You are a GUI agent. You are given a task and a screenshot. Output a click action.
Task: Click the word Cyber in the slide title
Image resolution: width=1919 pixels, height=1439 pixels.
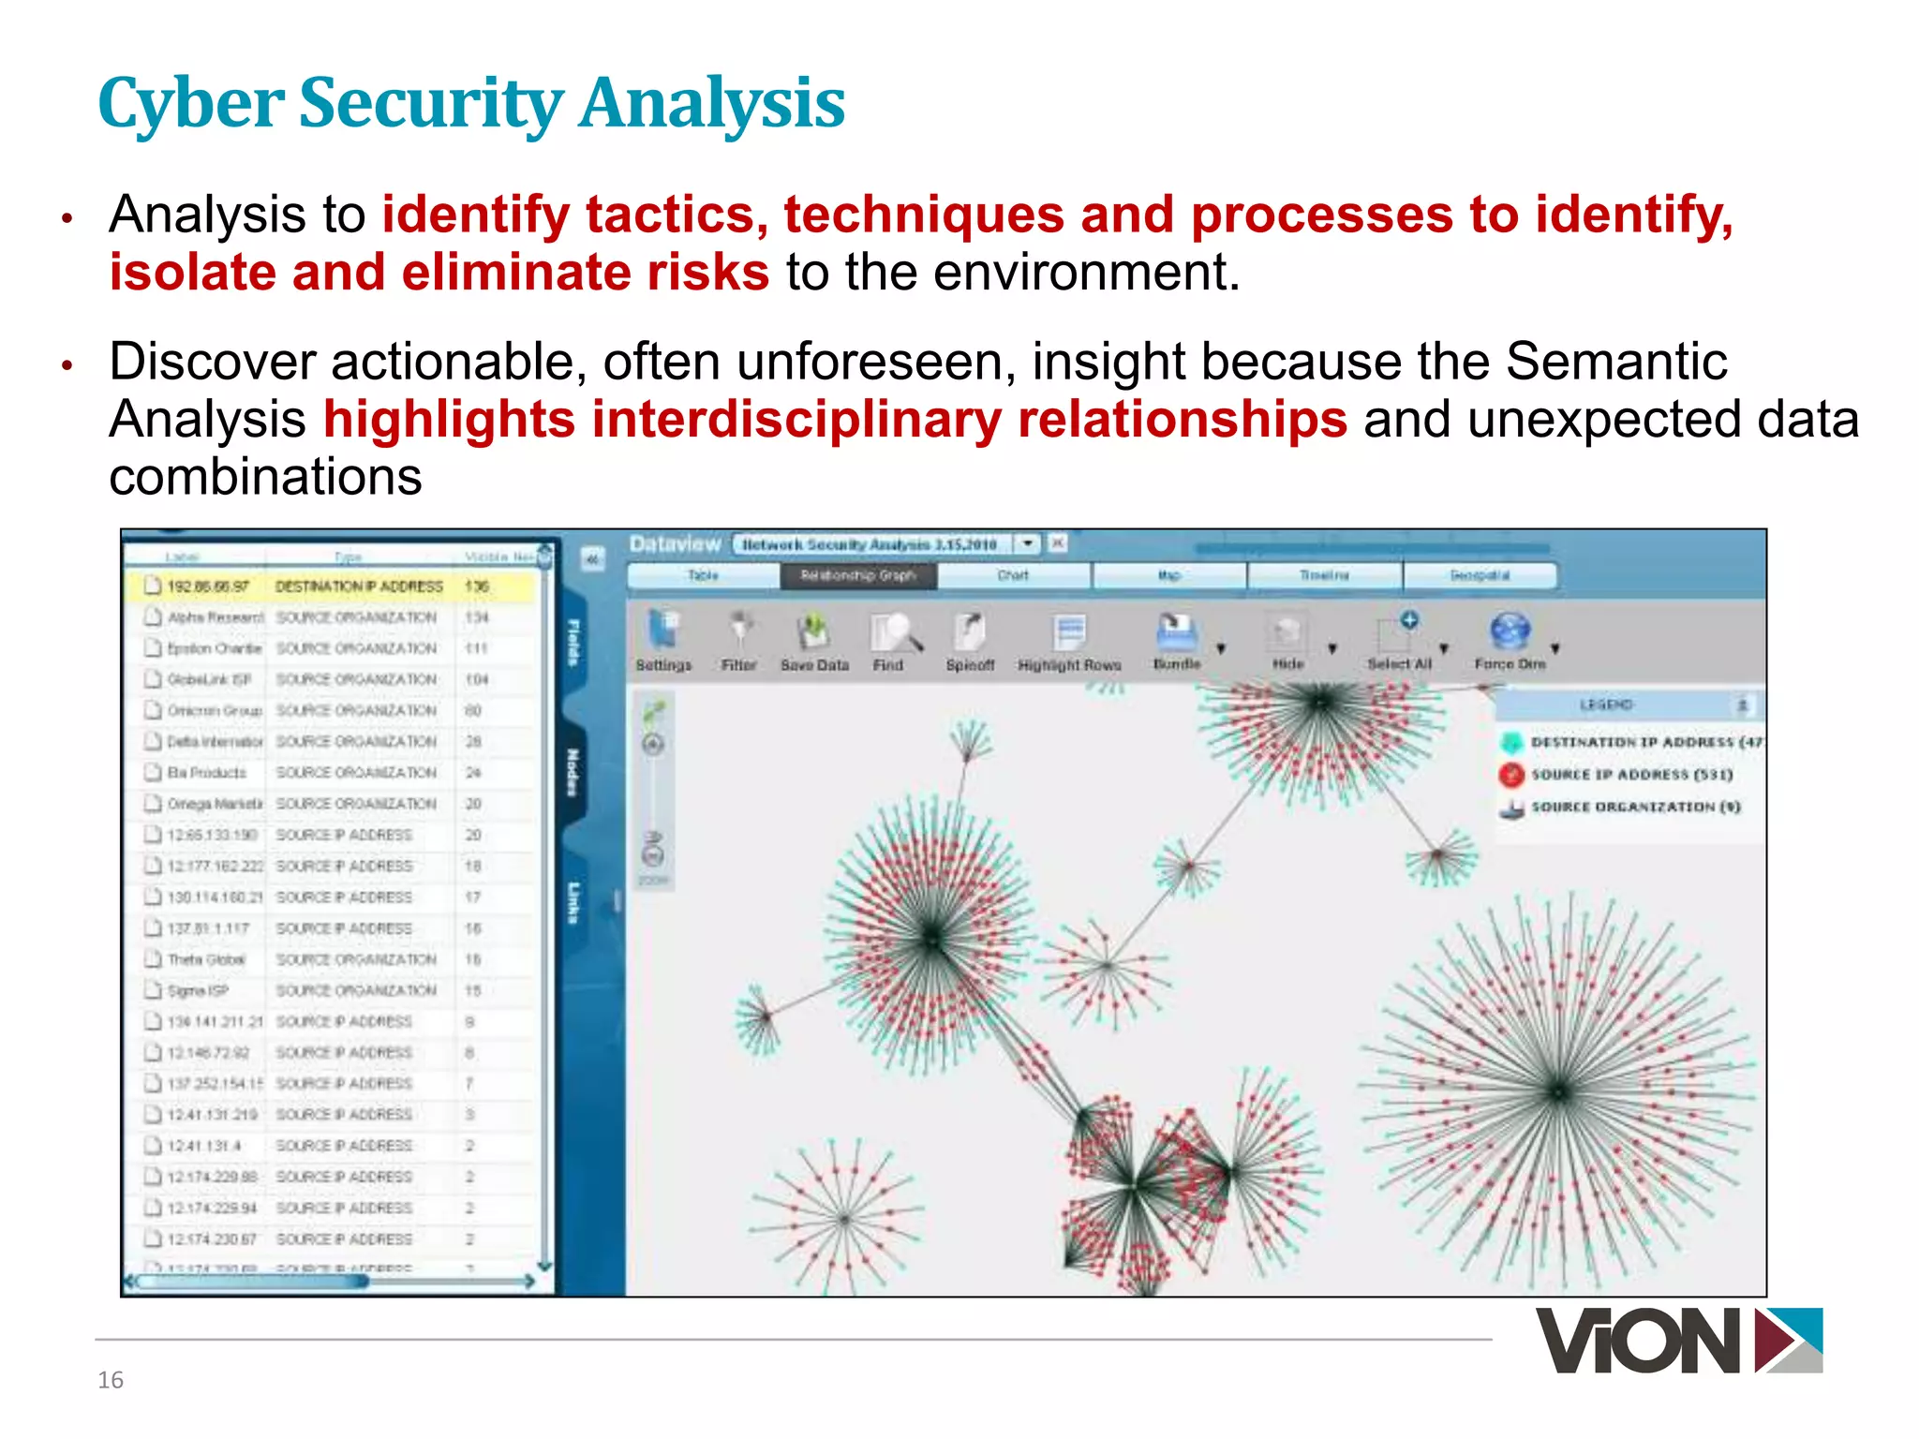192,104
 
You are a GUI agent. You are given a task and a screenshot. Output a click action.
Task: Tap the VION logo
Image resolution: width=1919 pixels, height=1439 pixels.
1677,1341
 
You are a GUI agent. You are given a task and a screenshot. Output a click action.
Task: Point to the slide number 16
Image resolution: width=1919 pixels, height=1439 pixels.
111,1380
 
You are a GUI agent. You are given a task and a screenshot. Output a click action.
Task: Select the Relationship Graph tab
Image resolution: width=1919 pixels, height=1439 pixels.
857,575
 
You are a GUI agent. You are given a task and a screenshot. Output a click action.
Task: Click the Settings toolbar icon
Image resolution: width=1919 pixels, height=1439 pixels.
663,630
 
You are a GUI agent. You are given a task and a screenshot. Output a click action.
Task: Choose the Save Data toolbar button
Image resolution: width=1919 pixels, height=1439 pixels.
814,632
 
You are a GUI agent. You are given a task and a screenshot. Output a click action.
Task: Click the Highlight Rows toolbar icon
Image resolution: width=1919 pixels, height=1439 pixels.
1068,632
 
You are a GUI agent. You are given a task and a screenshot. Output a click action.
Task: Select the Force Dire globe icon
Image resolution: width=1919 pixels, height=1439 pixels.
1510,631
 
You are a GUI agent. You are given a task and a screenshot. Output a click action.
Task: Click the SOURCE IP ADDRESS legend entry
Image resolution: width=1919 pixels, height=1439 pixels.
1630,775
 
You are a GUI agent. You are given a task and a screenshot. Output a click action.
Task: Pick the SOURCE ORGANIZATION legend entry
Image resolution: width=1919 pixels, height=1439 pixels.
1634,807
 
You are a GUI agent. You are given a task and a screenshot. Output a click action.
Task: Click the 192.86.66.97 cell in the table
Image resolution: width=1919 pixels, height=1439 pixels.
208,586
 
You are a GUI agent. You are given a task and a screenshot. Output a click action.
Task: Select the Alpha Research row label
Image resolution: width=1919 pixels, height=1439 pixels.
215,617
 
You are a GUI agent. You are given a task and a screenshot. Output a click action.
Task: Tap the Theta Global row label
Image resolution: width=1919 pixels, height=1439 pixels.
205,959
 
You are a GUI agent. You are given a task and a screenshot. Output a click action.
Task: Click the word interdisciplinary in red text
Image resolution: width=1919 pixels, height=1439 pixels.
796,419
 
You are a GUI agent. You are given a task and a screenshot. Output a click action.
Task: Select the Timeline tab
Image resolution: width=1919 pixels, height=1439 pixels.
1324,575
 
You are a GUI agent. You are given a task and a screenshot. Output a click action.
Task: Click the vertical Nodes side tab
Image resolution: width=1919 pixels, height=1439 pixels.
573,771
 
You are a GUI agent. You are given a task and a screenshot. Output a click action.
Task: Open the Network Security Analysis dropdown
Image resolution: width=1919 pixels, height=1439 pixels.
1028,543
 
